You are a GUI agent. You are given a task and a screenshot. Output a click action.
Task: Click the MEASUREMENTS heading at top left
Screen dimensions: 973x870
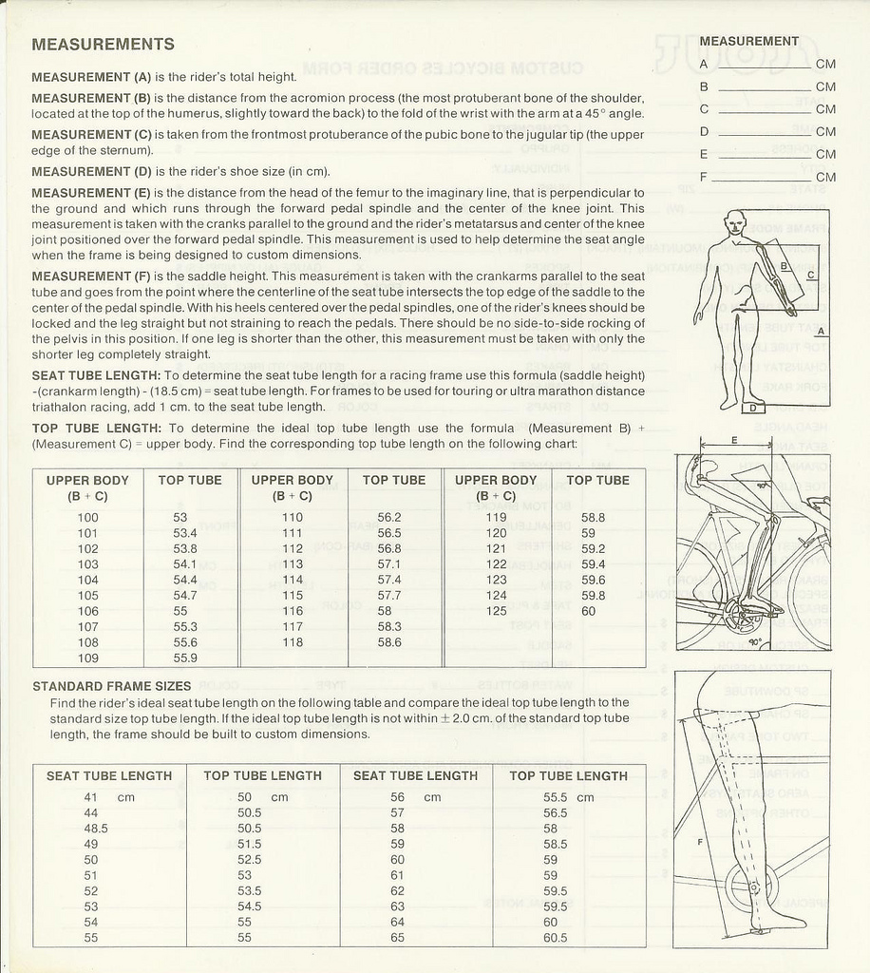coord(103,45)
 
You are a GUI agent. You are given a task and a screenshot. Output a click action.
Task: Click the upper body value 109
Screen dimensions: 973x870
coord(87,658)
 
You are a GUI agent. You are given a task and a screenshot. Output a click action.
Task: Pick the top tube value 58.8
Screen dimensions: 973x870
coord(593,518)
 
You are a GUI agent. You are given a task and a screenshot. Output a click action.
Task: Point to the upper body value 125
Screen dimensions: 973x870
coord(496,611)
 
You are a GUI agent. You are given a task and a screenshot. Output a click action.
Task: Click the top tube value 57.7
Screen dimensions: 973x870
coord(389,596)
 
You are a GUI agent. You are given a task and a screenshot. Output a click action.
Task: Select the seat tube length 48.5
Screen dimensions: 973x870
coord(96,829)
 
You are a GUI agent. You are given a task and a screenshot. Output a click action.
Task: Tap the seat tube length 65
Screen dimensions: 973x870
coord(397,938)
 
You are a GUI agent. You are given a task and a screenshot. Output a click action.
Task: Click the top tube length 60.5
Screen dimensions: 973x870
coord(556,938)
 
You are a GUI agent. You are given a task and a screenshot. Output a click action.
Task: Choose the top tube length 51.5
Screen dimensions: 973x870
coord(250,844)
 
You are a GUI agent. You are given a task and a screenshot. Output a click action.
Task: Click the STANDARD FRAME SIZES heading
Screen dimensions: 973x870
coord(112,686)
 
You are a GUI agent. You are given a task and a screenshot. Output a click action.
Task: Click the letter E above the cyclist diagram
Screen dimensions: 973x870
coord(734,439)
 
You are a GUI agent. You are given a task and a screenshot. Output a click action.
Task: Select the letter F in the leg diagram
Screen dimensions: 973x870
coord(700,842)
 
